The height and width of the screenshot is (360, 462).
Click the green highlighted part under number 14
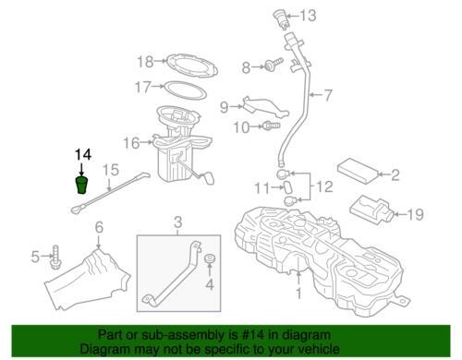tap(81, 185)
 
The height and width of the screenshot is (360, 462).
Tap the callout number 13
tap(308, 16)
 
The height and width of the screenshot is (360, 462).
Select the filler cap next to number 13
tap(281, 19)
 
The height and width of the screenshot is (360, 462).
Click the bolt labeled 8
tap(274, 65)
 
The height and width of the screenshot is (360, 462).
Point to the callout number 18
tap(145, 62)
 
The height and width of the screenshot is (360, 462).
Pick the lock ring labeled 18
tap(192, 66)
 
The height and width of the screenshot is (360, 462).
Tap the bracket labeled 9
tap(265, 108)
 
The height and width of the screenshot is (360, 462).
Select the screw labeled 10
tap(271, 126)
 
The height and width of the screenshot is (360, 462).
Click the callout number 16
tap(131, 143)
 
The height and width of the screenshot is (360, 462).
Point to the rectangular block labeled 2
tap(359, 171)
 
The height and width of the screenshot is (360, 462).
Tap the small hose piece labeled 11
tap(287, 187)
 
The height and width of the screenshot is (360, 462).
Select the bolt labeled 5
tap(55, 258)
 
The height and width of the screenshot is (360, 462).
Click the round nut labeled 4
tap(210, 258)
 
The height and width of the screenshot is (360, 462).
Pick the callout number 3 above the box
tap(177, 222)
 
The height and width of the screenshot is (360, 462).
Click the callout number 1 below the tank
tap(298, 293)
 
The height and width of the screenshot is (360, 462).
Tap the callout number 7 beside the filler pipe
tap(328, 95)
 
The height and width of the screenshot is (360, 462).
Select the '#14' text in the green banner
tap(253, 335)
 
